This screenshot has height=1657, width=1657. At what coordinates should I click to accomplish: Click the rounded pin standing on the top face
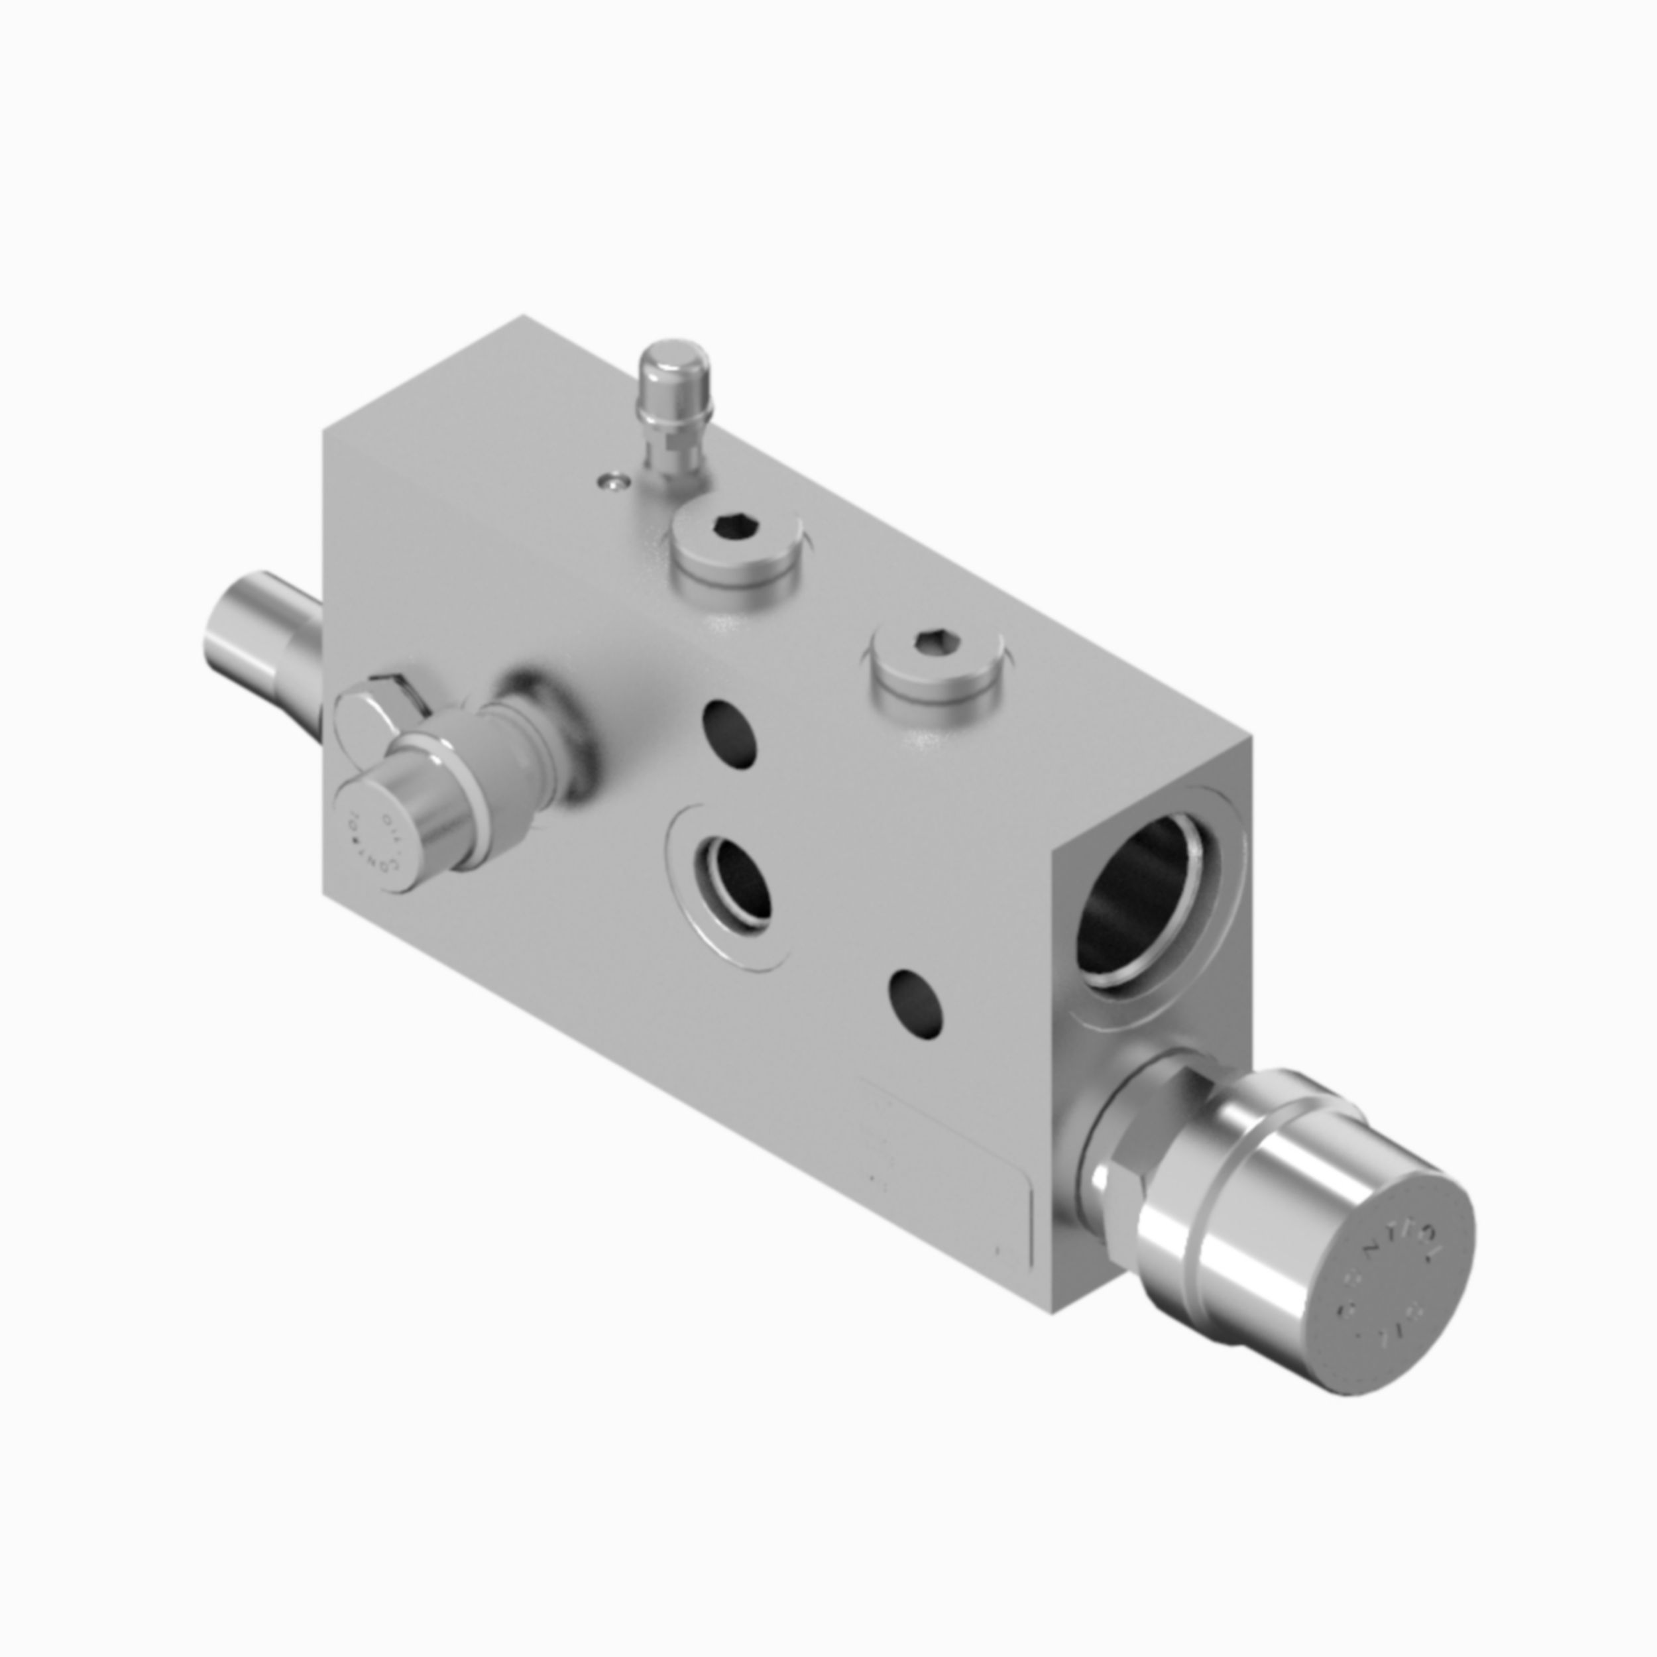(677, 382)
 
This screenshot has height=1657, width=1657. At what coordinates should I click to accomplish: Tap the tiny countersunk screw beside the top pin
(612, 484)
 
